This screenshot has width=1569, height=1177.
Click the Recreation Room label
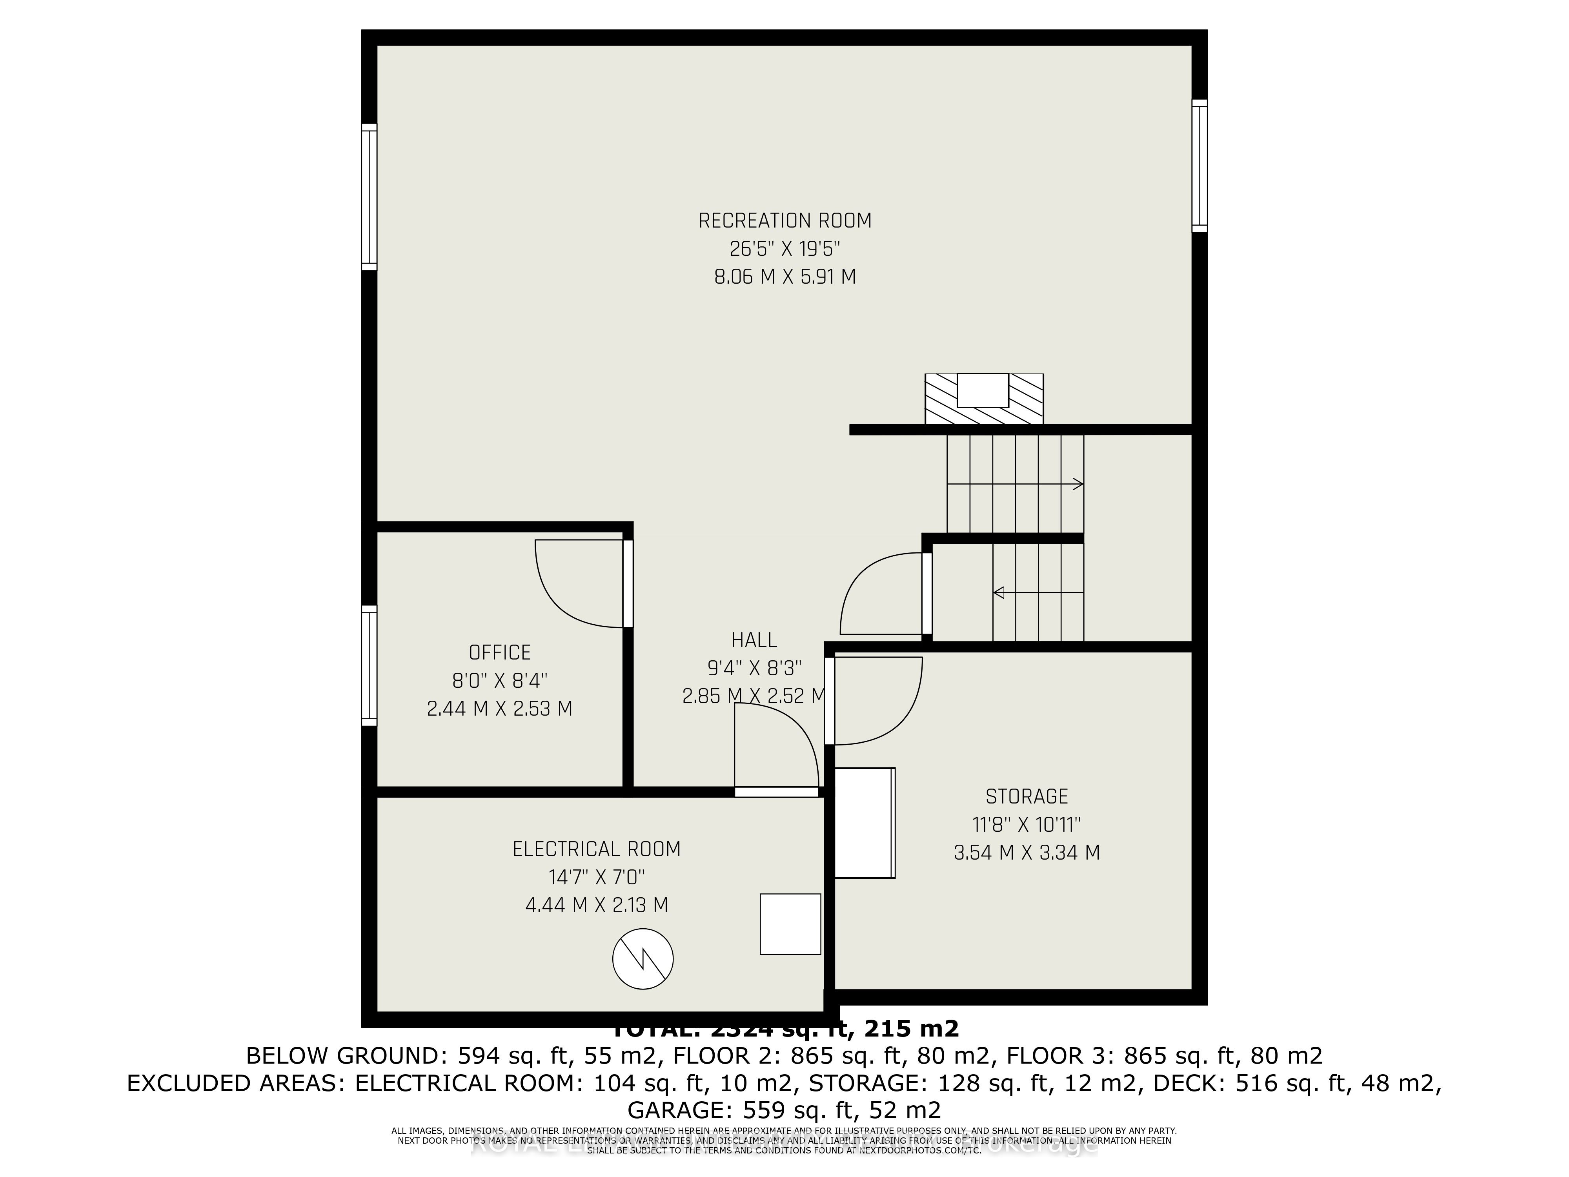784,220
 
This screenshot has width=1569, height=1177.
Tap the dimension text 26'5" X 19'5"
784,249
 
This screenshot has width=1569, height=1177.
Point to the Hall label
754,640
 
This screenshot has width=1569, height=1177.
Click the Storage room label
1027,796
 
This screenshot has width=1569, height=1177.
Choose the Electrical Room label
597,849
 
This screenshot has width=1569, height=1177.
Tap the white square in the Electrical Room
790,924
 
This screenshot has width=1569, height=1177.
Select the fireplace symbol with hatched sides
984,399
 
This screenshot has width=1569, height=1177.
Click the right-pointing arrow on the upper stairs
1077,485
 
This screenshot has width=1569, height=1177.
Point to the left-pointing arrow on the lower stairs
1000,592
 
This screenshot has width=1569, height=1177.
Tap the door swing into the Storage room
886,709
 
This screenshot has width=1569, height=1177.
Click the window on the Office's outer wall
369,665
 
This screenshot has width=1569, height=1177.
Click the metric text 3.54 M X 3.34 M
1027,852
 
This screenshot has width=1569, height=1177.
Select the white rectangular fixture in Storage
864,823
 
